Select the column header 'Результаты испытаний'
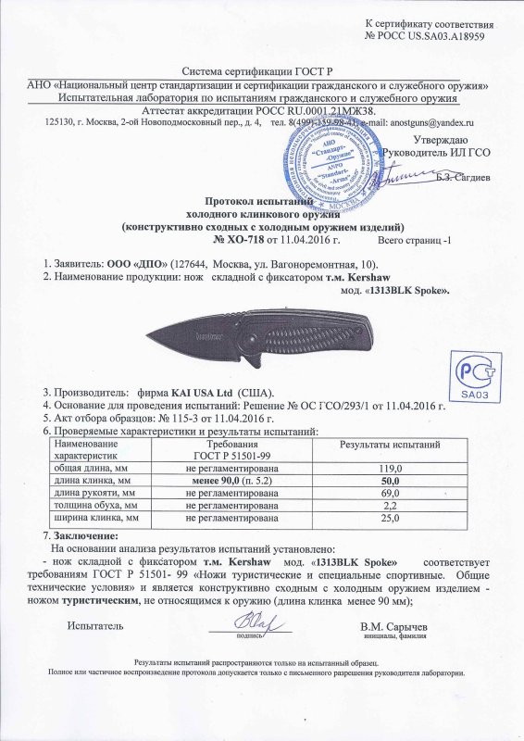point(390,446)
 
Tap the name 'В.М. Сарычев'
point(398,626)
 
